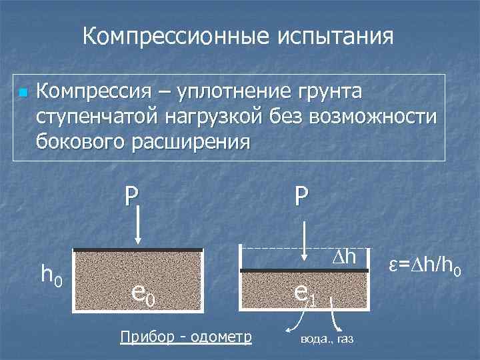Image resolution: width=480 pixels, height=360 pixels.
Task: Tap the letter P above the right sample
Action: [x=301, y=195]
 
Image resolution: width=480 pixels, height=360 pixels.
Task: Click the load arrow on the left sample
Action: [x=137, y=226]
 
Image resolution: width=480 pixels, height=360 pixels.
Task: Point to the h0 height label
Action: [x=52, y=273]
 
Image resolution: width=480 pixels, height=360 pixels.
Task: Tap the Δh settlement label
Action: [x=346, y=257]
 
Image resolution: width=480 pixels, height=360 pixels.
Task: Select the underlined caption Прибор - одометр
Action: [x=185, y=337]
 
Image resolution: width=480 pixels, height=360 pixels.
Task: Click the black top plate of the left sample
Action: [x=137, y=250]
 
